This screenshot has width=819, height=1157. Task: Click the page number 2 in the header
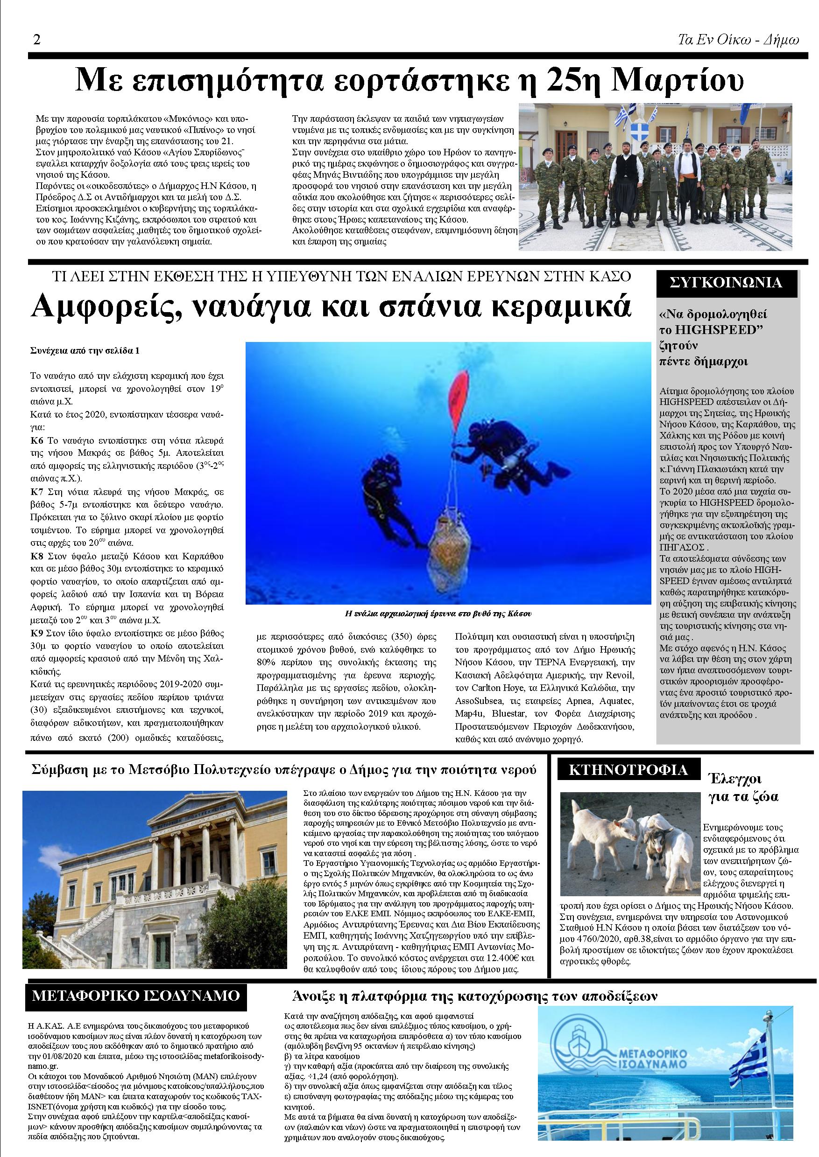(x=36, y=40)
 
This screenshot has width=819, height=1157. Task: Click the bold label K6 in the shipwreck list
(x=37, y=441)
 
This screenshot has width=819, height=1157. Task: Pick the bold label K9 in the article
(x=37, y=633)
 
